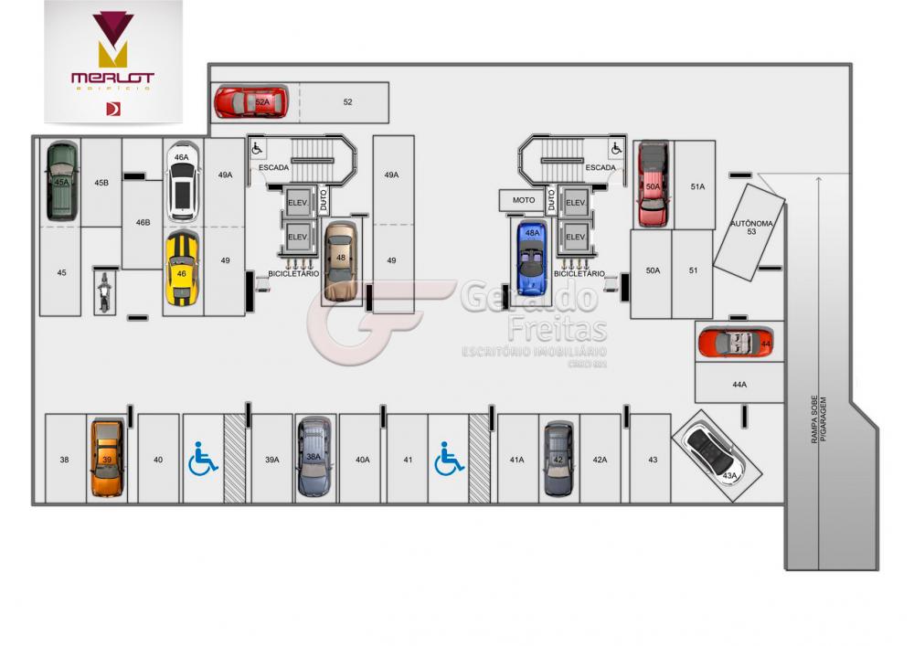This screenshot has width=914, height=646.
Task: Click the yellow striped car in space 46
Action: tap(182, 268)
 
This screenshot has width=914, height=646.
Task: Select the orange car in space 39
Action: tap(107, 458)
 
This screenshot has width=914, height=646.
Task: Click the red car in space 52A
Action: tap(250, 101)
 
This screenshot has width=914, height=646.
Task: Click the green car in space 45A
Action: tap(62, 181)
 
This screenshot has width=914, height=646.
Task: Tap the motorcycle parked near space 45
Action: tap(104, 291)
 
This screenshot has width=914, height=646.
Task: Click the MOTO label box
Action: tap(523, 200)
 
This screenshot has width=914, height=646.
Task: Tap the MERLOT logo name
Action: tap(112, 79)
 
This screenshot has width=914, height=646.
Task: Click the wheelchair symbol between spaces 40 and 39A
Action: tap(203, 459)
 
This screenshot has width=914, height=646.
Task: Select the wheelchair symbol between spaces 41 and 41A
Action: tap(449, 459)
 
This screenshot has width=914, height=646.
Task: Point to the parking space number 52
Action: tap(348, 102)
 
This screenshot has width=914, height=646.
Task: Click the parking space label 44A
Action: tap(739, 385)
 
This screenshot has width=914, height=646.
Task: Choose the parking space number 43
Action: tap(653, 460)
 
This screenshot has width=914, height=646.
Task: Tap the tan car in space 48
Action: tap(340, 261)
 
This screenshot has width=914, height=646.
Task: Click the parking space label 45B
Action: tap(101, 183)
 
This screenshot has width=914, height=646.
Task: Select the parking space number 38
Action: tap(64, 460)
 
